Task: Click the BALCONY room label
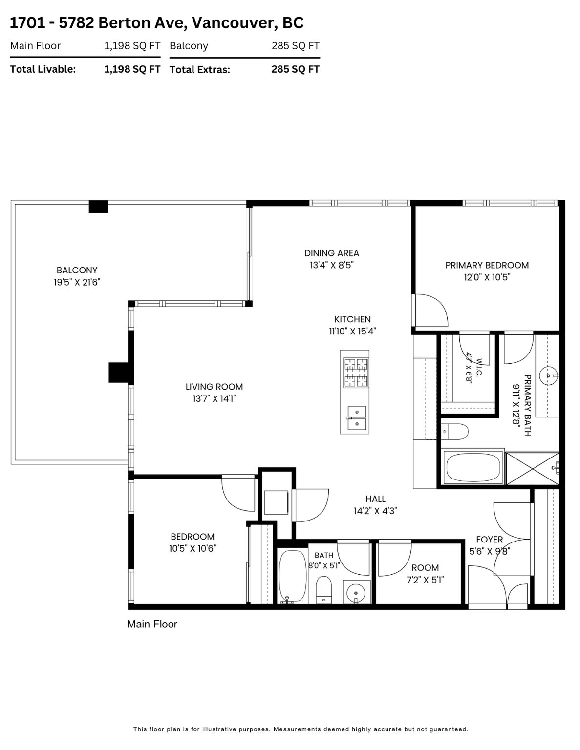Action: click(x=77, y=270)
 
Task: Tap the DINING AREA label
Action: click(x=331, y=253)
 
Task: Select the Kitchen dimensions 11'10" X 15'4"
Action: click(x=352, y=332)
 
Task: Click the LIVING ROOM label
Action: click(x=214, y=387)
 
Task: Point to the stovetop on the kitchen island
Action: click(x=356, y=373)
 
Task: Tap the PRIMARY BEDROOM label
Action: click(x=487, y=266)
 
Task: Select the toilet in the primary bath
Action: click(x=455, y=432)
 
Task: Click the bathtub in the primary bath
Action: click(x=473, y=467)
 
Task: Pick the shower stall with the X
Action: click(x=532, y=468)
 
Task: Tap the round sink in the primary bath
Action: click(x=548, y=375)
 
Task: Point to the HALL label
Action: click(x=375, y=499)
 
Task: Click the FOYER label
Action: click(x=489, y=540)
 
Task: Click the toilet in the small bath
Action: click(x=323, y=589)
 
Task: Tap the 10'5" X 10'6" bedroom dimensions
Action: click(x=193, y=548)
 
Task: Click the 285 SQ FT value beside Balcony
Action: click(x=296, y=46)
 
